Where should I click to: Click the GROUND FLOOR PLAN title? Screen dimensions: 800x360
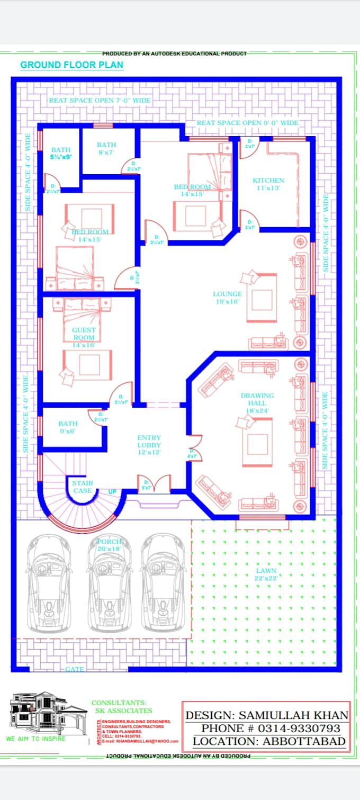point(71,65)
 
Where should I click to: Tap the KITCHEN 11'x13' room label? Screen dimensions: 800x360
point(268,184)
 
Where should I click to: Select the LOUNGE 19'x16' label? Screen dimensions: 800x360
point(227,298)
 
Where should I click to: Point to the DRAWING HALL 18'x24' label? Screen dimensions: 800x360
point(257,403)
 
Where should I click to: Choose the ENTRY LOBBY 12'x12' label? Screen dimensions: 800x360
point(149,445)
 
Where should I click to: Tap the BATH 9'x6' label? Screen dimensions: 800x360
point(68,427)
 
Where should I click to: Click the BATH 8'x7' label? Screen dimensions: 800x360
point(106,148)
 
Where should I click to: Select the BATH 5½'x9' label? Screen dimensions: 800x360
point(60,154)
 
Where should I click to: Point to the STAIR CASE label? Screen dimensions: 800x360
point(83,487)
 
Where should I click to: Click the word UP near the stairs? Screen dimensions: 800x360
point(112,492)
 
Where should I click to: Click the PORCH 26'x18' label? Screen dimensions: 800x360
point(109,545)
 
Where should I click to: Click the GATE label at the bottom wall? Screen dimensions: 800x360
point(74,669)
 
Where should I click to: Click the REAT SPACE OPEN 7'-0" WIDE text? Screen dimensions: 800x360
point(100,100)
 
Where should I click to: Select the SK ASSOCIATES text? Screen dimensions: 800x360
point(122,711)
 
